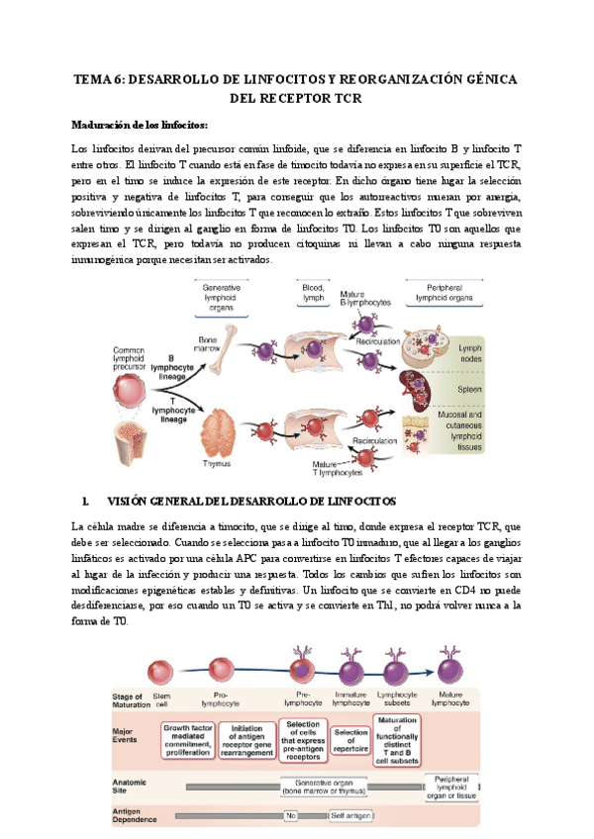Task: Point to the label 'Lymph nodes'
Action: pyautogui.click(x=468, y=354)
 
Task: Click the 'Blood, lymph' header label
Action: pyautogui.click(x=314, y=291)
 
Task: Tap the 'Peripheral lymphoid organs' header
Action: pyautogui.click(x=444, y=292)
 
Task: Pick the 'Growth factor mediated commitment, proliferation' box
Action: pyautogui.click(x=187, y=739)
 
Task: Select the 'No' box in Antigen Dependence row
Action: pyautogui.click(x=291, y=816)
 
